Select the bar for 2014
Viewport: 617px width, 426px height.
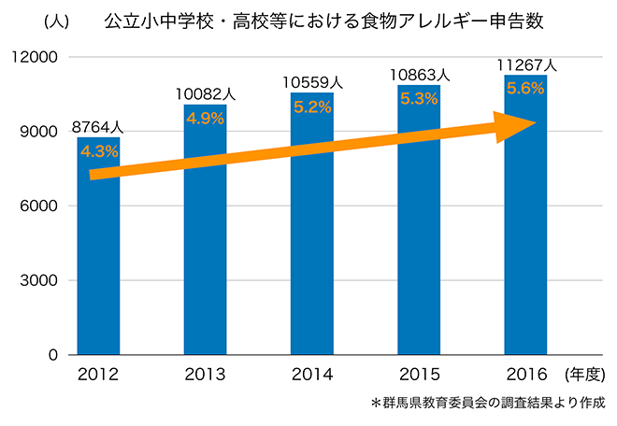tap(311, 252)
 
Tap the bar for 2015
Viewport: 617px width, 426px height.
tap(418, 252)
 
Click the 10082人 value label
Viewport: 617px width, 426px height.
tap(205, 94)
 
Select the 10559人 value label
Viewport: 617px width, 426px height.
tap(311, 83)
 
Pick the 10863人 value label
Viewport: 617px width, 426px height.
tap(418, 75)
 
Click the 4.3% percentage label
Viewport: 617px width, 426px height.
tap(98, 149)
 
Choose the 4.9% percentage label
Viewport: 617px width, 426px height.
tap(205, 118)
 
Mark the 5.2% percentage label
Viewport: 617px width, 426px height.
tap(311, 106)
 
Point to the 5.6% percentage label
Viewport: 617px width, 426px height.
tap(524, 88)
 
